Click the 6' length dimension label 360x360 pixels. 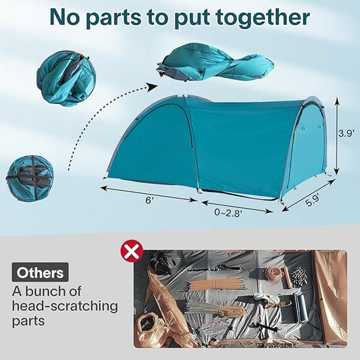click(x=149, y=200)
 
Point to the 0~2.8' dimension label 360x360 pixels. click(x=228, y=213)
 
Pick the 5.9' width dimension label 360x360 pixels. click(x=313, y=200)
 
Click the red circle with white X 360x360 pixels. click(x=132, y=251)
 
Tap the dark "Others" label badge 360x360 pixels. click(x=40, y=272)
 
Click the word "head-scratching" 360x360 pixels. click(x=65, y=306)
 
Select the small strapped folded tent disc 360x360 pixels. click(x=30, y=178)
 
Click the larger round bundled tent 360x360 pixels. click(x=66, y=78)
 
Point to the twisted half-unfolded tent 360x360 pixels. click(x=215, y=62)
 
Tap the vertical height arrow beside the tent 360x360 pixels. click(x=336, y=136)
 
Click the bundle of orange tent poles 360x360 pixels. click(x=216, y=284)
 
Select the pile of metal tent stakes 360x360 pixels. click(x=299, y=277)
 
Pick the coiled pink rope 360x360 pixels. click(x=274, y=274)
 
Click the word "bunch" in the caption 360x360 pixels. click(x=45, y=292)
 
